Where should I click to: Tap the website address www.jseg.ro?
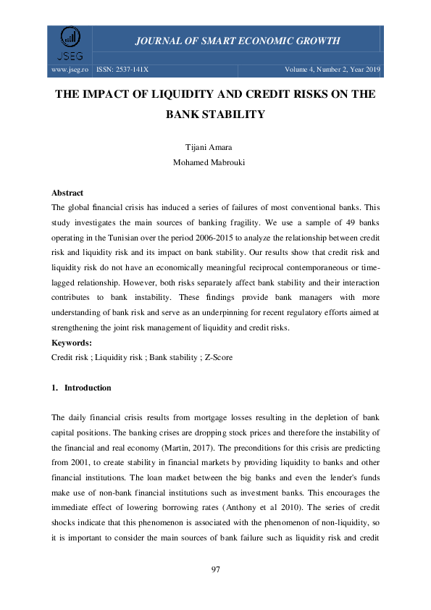[x=70, y=70]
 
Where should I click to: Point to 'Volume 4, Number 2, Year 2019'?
[x=334, y=70]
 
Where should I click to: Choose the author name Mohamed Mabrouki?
[x=215, y=162]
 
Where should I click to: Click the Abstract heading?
[x=67, y=193]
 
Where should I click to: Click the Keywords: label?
[x=72, y=344]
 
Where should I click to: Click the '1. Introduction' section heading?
[x=81, y=388]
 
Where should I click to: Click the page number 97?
[x=215, y=570]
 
